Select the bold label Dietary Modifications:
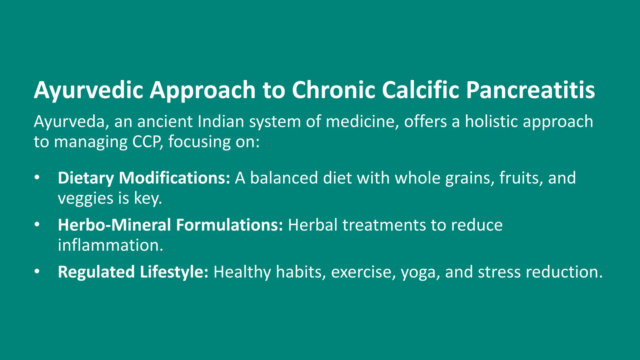coord(144,178)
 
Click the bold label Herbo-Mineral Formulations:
coord(170,225)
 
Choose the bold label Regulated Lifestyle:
coord(133,272)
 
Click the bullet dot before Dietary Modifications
coord(37,178)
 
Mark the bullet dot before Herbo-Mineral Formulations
coord(37,225)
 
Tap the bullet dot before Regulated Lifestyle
coord(37,272)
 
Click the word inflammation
coord(110,245)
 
